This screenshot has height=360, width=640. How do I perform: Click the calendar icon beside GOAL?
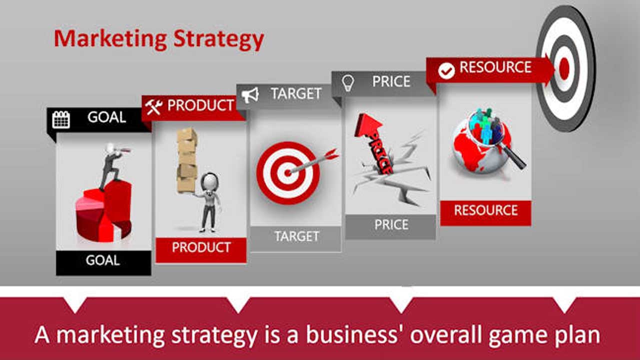click(x=61, y=119)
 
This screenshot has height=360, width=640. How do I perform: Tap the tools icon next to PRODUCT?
click(x=153, y=106)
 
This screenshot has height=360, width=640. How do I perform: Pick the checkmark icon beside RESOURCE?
click(x=446, y=70)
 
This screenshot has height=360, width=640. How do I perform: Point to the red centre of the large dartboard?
click(x=564, y=68)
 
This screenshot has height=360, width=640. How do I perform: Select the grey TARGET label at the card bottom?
click(x=296, y=236)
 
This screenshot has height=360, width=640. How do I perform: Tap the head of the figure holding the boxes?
click(x=209, y=180)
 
